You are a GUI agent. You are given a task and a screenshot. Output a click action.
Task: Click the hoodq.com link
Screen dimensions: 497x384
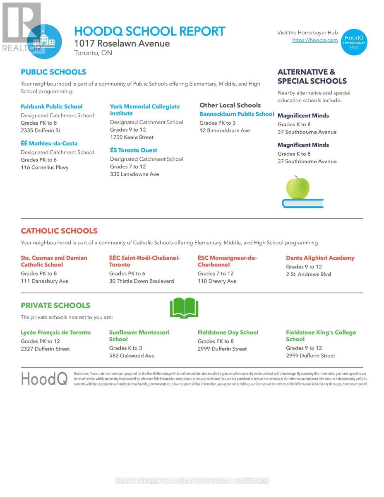[315, 41]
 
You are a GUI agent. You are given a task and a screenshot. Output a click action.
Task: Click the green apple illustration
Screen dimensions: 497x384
[298, 188]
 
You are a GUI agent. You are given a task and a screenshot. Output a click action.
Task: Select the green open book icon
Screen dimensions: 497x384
[184, 308]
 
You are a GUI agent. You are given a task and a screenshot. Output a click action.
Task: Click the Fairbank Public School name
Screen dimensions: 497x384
[52, 106]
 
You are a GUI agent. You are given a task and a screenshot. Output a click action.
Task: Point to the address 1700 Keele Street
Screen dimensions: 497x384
[132, 137]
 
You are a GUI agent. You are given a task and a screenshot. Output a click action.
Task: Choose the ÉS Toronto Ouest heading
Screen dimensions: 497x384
[134, 150]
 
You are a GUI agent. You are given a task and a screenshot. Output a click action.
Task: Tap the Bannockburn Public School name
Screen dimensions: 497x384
[237, 114]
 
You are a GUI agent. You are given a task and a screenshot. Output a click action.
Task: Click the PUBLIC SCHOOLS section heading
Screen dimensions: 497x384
[53, 72]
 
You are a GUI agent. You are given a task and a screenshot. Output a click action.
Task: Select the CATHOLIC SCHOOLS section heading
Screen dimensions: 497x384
[59, 231]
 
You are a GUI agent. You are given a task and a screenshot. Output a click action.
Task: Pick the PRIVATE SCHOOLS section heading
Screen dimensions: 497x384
[55, 306]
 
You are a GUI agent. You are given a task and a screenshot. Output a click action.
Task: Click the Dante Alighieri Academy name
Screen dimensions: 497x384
[320, 258]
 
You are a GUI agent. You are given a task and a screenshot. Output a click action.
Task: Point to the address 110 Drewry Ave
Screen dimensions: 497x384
[217, 281]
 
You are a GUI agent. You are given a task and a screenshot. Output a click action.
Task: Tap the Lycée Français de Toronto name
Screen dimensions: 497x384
[56, 333]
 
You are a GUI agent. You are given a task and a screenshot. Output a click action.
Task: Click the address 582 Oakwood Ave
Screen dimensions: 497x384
[132, 356]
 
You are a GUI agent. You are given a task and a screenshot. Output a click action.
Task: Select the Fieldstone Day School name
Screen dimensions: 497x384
[228, 333]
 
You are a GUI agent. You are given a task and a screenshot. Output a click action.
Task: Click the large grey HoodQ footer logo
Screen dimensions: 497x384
[44, 379]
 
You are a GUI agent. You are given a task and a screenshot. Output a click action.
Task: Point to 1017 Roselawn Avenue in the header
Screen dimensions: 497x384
[122, 43]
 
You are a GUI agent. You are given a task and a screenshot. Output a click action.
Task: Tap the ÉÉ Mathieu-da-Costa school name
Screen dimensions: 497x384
[49, 143]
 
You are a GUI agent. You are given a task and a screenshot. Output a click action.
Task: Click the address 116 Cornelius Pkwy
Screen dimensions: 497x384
[45, 167]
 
